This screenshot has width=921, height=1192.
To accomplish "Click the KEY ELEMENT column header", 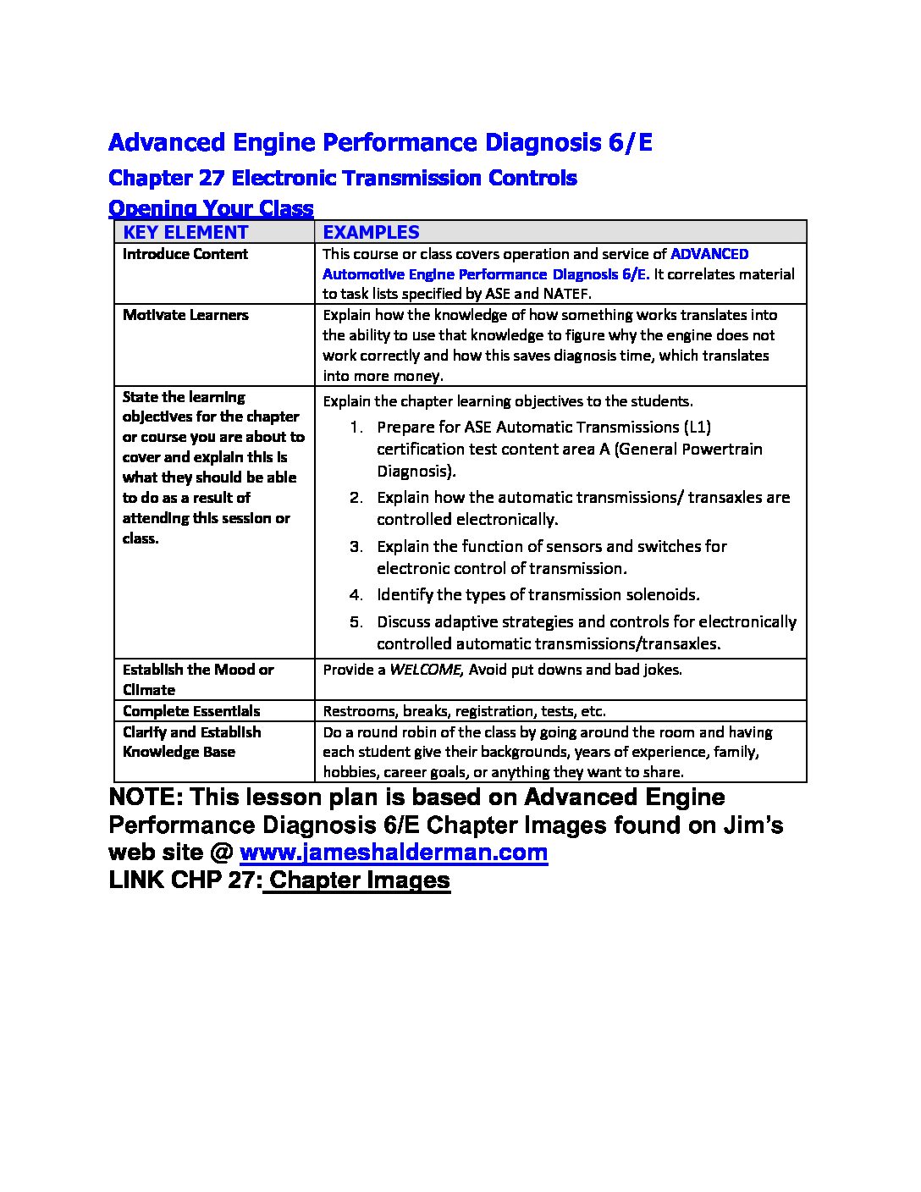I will coord(185,232).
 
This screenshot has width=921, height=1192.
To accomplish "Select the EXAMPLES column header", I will coord(372,232).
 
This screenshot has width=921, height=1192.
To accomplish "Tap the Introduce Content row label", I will coord(185,254).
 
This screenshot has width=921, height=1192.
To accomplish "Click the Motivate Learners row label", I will coord(185,315).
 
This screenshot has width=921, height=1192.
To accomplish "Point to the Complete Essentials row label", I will coord(191,711).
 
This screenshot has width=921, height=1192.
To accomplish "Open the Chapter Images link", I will coord(359,880).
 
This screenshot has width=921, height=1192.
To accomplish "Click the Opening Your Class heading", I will coord(211,208).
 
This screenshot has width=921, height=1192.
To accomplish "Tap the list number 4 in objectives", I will coord(356,595).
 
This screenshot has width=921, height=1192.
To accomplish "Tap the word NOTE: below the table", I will coord(144,797).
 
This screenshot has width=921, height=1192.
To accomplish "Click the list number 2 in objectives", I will coord(356,498).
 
